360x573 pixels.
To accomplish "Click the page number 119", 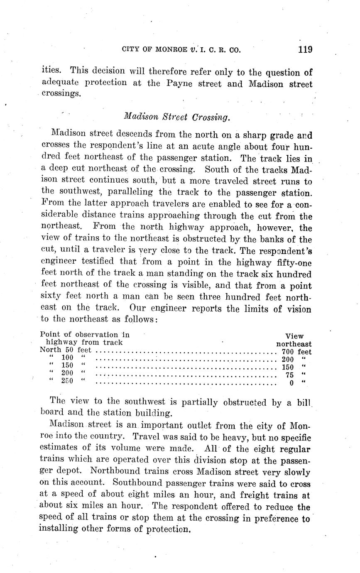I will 305,50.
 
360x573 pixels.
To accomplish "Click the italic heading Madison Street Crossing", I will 176,117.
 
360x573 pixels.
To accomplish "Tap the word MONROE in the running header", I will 171,50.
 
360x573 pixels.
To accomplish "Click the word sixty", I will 56,297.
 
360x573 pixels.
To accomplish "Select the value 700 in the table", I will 287,352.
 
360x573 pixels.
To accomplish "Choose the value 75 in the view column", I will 289,375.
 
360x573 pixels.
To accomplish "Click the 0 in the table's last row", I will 292,383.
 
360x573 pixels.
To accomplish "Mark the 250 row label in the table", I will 67,380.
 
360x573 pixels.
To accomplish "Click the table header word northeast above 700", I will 294,344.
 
